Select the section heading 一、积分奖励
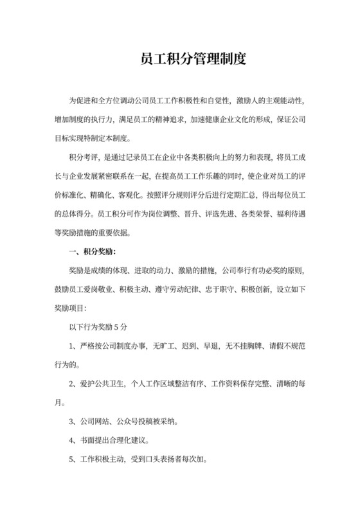[x=94, y=251]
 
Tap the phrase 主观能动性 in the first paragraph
[x=283, y=102]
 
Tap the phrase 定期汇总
[x=248, y=195]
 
